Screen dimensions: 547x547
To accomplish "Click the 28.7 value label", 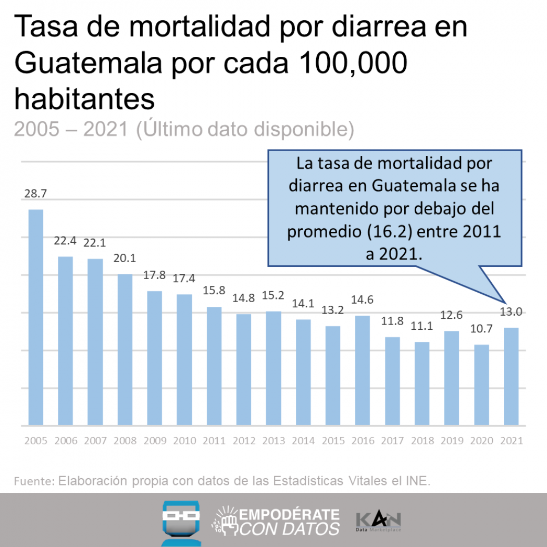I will [35, 194].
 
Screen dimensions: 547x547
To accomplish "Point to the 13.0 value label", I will [511, 313].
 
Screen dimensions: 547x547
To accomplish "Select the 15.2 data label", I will [273, 296].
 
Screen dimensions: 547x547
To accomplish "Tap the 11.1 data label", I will [422, 327].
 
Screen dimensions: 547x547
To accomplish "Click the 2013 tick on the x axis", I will [273, 441].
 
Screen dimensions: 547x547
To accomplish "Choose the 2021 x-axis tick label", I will [511, 441].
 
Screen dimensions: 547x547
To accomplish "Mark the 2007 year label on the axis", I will [95, 441].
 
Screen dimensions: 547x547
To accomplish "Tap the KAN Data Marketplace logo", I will [378, 522].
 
